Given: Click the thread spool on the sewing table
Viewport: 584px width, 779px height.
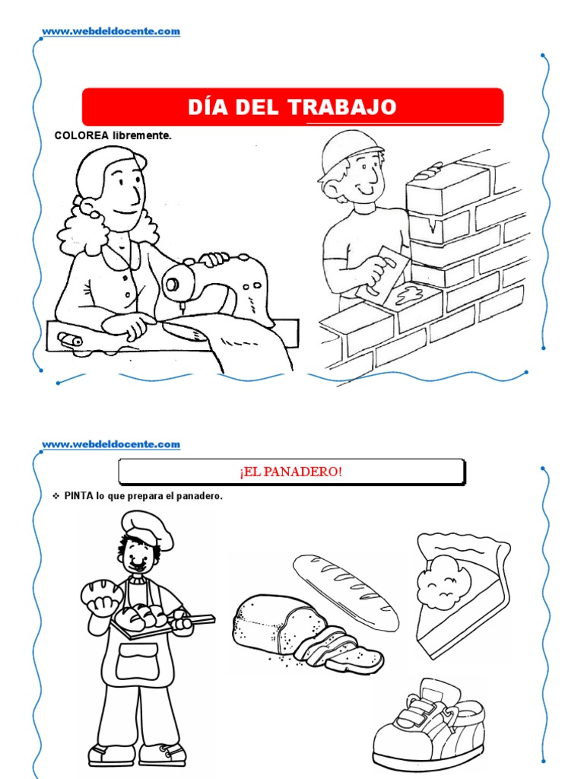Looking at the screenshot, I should coord(68,339).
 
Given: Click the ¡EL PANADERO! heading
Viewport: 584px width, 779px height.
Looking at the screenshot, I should coord(291,472).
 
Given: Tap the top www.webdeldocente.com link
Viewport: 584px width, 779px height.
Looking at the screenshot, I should coord(111,31).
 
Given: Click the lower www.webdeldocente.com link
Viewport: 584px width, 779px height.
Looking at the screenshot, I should coord(111,444).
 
